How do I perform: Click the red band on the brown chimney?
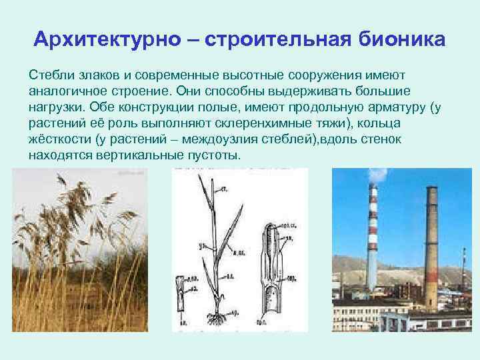(430, 273)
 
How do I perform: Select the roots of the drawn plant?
(215, 313)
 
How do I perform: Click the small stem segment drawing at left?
(180, 293)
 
